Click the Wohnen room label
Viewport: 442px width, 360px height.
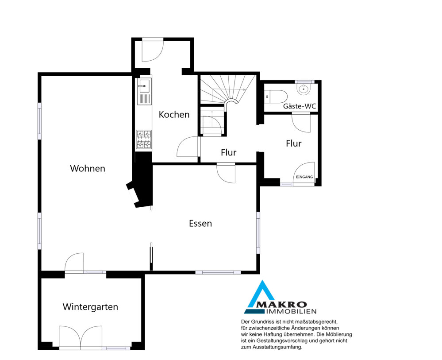[88, 168]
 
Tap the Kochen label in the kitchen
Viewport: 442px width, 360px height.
[174, 114]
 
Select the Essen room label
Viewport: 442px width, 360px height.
[200, 223]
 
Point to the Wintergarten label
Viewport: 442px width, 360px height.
[90, 307]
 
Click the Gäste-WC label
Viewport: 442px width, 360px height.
[300, 106]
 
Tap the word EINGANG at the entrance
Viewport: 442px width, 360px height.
[304, 177]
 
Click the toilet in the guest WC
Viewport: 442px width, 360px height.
[276, 96]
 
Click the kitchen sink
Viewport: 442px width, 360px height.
[144, 91]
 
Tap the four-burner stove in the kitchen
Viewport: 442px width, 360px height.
[144, 139]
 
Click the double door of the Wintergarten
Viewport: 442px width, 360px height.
[81, 337]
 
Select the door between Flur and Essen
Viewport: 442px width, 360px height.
[226, 174]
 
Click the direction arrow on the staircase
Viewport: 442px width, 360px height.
[228, 89]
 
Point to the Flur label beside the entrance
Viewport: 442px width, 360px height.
[294, 143]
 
